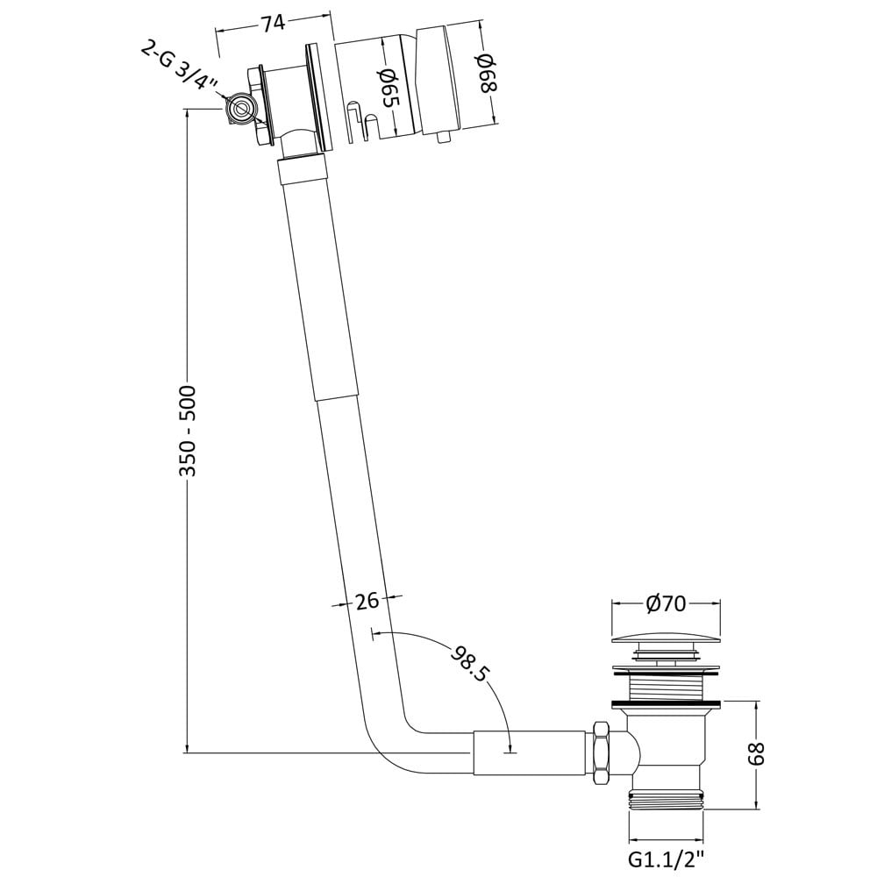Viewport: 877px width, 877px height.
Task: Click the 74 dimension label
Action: pos(273,24)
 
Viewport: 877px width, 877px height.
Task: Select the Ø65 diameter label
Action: pos(389,87)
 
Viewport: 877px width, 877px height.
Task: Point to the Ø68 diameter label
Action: pos(484,73)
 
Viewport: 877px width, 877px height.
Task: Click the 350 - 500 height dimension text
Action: pos(188,431)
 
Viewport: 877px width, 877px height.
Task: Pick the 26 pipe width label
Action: pos(367,602)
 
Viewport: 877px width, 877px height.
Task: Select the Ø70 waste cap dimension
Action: pos(666,603)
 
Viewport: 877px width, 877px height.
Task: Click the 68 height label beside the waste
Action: pos(756,752)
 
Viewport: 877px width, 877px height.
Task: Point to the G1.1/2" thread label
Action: pos(667,859)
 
